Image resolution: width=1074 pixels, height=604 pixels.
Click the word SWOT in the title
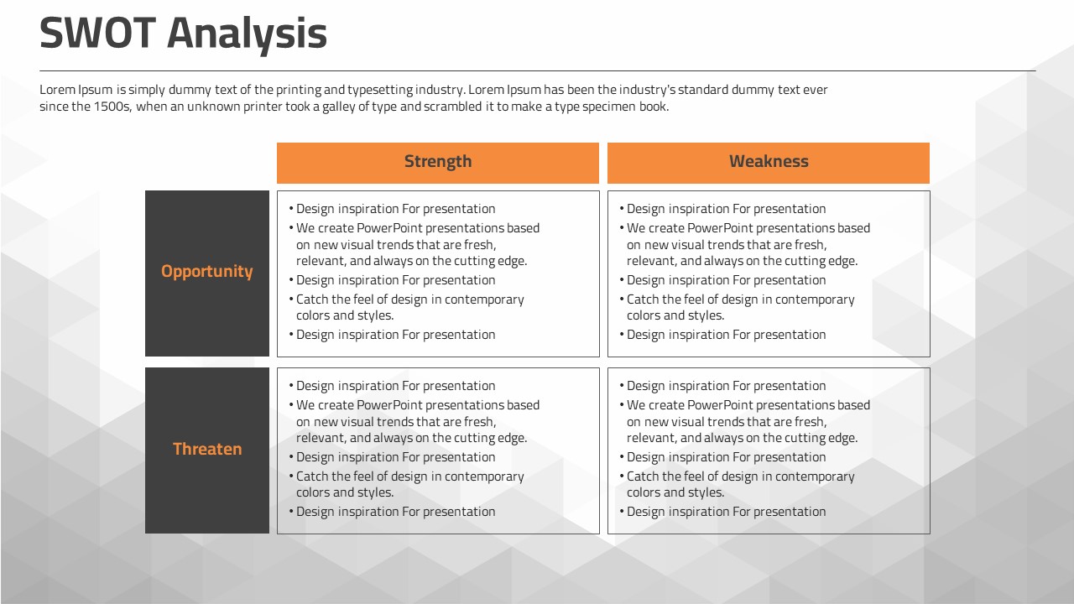[x=98, y=33]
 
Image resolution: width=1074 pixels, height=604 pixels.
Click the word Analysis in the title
[x=247, y=35]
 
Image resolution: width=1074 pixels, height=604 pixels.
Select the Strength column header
[x=438, y=163]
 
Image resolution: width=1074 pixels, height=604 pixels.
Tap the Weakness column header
[x=769, y=163]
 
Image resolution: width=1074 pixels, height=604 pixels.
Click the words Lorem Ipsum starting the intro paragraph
[x=76, y=90]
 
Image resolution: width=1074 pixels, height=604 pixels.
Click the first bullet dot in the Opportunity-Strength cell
[x=291, y=209]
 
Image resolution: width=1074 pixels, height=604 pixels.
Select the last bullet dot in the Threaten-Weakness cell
[x=622, y=512]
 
